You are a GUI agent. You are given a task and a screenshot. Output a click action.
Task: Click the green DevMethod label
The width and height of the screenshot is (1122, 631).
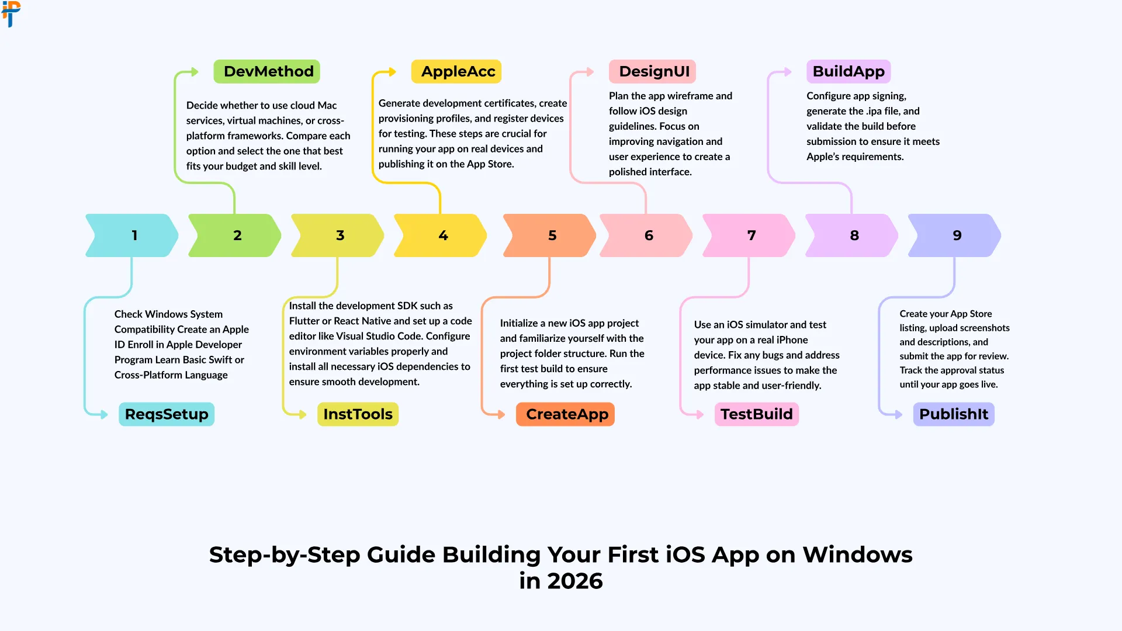pyautogui.click(x=266, y=71)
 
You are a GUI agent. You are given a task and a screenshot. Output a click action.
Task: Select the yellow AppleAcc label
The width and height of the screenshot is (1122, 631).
pyautogui.click(x=456, y=71)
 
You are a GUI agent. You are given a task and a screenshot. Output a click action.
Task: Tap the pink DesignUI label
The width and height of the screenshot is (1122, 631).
pyautogui.click(x=652, y=71)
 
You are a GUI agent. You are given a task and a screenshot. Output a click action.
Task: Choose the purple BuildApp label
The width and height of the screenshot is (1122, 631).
pyautogui.click(x=849, y=71)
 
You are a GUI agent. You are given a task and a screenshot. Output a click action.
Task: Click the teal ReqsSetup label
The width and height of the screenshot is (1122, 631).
pyautogui.click(x=167, y=414)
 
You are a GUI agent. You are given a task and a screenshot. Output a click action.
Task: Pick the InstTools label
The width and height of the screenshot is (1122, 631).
pyautogui.click(x=358, y=414)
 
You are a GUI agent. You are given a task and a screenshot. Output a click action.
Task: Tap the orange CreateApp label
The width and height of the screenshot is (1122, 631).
pyautogui.click(x=565, y=414)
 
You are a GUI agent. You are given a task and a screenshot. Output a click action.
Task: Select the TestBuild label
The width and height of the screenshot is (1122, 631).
pyautogui.click(x=756, y=414)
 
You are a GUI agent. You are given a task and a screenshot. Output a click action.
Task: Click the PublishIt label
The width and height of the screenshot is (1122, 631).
pyautogui.click(x=954, y=414)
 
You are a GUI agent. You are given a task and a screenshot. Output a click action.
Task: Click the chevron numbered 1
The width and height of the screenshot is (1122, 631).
pyautogui.click(x=133, y=235)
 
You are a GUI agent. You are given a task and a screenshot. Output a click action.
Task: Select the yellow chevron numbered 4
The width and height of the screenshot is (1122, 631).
pyautogui.click(x=441, y=235)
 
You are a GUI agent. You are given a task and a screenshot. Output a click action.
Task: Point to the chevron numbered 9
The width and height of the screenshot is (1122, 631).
pyautogui.click(x=955, y=235)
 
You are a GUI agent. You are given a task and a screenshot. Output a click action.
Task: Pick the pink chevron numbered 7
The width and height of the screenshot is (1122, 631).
pyautogui.click(x=749, y=235)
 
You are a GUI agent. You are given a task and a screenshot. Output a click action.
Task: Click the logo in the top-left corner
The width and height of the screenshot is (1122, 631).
pyautogui.click(x=11, y=13)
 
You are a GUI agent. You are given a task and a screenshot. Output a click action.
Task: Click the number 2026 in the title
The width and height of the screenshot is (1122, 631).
pyautogui.click(x=574, y=581)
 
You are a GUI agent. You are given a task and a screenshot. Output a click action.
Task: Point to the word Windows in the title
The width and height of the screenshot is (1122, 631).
pyautogui.click(x=857, y=554)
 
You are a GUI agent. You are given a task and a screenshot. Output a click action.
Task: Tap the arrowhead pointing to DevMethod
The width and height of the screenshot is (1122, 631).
pyautogui.click(x=195, y=72)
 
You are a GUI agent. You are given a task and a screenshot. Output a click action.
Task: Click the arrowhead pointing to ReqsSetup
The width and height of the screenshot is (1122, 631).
pyautogui.click(x=105, y=415)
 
